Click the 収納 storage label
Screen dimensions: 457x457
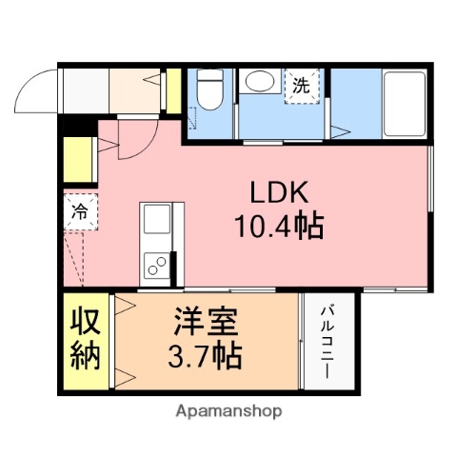pyautogui.click(x=85, y=341)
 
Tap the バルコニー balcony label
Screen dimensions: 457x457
pyautogui.click(x=326, y=341)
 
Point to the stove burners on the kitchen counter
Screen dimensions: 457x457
pyautogui.click(x=155, y=263)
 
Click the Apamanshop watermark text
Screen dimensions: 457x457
pyautogui.click(x=228, y=412)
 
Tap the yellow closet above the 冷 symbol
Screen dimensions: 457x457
pyautogui.click(x=78, y=162)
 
